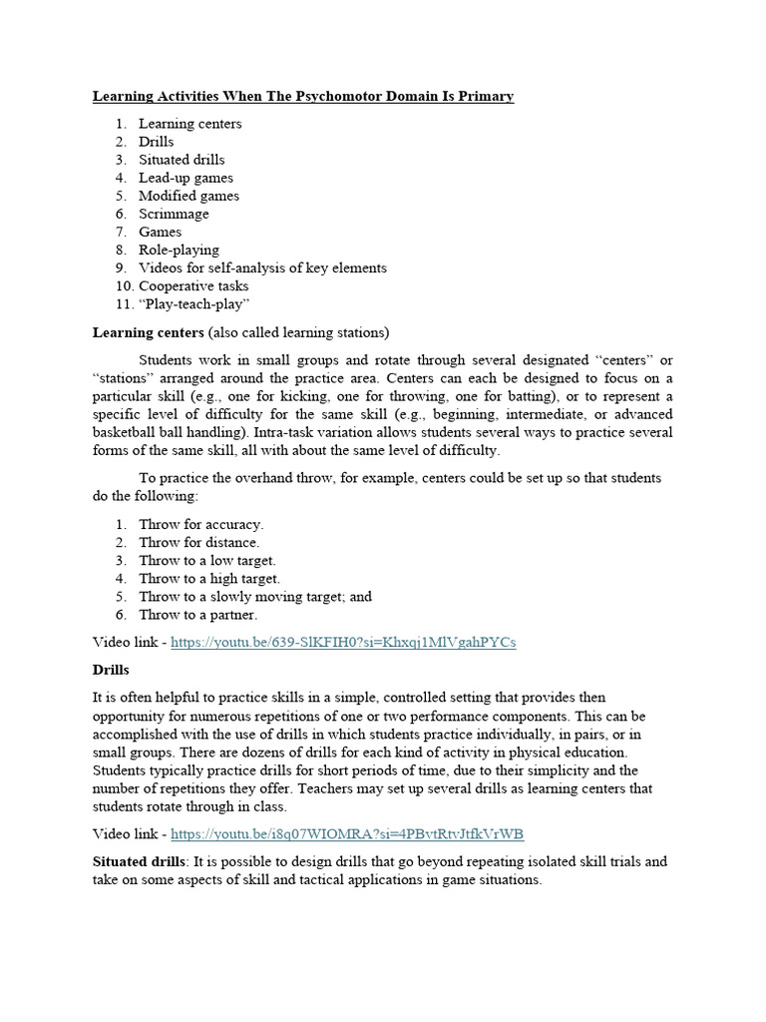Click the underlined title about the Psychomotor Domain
[x=303, y=97]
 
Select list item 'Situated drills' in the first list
[x=182, y=160]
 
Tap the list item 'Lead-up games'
[x=186, y=178]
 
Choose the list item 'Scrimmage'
[x=174, y=214]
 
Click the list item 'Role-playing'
[x=179, y=250]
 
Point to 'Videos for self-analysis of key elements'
[x=262, y=267]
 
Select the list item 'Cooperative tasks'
[x=193, y=285]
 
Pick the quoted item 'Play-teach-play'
[x=193, y=303]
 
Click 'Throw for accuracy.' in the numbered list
[x=201, y=524]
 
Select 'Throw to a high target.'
[x=209, y=578]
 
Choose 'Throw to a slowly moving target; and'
[x=255, y=596]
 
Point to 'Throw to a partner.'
[x=198, y=614]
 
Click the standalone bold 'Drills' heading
[x=111, y=669]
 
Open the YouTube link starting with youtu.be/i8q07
[x=347, y=833]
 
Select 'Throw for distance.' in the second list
[x=199, y=542]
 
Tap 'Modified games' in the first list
[x=189, y=196]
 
